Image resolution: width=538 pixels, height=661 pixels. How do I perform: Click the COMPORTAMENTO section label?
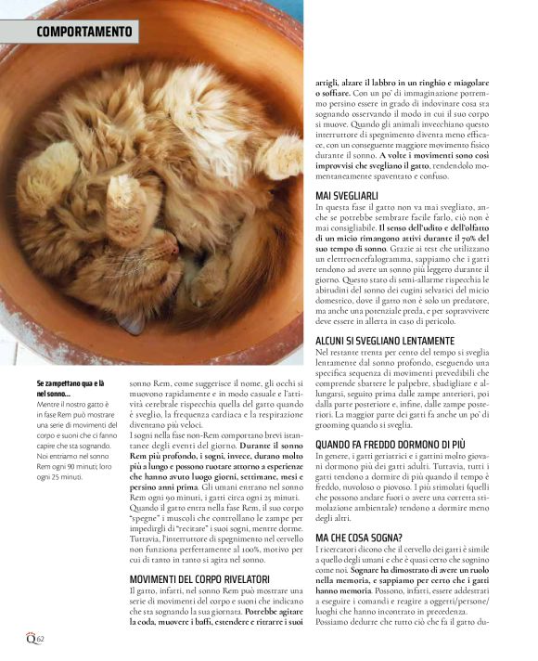[x=84, y=32]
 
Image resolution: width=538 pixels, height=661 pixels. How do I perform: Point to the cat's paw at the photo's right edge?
[x=282, y=157]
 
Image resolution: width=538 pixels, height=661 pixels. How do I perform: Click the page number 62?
[x=41, y=639]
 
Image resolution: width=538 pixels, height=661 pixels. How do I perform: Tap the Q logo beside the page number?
[x=30, y=638]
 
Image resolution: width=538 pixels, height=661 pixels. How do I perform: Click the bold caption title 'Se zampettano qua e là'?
[x=70, y=383]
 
